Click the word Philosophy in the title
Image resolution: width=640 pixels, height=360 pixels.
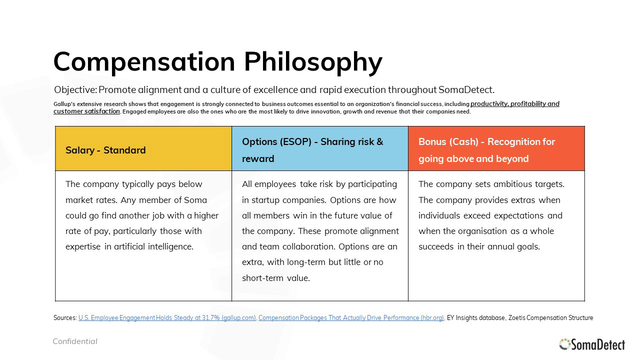[x=313, y=62]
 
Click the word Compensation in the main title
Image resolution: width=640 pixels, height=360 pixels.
[x=144, y=62]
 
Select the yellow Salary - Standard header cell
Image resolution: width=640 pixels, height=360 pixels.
[x=143, y=148]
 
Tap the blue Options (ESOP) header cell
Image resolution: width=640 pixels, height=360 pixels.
[x=320, y=148]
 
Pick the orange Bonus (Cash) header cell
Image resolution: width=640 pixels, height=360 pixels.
[x=496, y=148]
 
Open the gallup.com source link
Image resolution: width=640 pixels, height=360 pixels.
[x=167, y=317]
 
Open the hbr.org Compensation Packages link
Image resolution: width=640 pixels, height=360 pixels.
[x=351, y=317]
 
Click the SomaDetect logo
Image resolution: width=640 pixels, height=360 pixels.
[x=592, y=344]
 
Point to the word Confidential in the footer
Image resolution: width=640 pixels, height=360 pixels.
[x=75, y=341]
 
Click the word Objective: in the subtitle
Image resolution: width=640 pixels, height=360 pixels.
[x=75, y=89]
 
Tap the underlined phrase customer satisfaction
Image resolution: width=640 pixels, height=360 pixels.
[x=87, y=111]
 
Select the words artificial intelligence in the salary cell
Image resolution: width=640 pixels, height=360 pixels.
[x=153, y=246]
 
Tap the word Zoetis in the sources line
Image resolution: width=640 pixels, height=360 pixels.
[x=516, y=317]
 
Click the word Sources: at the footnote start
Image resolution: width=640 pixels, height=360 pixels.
[x=65, y=317]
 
